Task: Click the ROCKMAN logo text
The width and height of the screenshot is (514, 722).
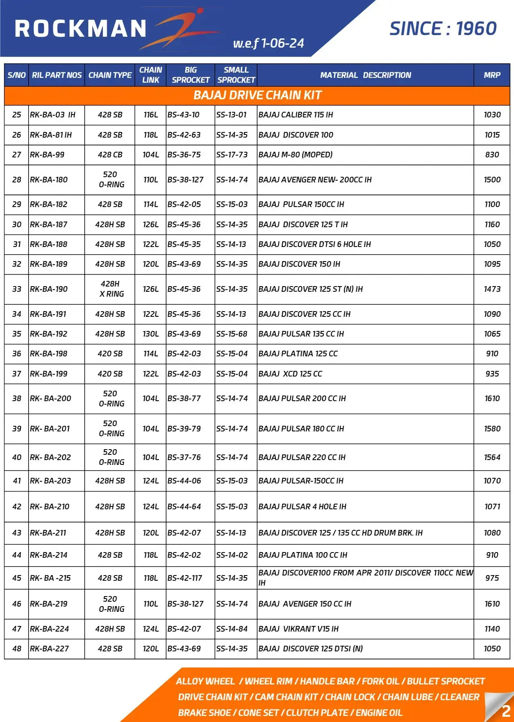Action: pos(81,29)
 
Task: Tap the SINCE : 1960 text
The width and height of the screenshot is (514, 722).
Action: pos(443,29)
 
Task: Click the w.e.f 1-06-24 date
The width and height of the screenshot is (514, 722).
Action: pos(268,43)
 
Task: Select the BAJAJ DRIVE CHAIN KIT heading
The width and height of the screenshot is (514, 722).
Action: pos(257,95)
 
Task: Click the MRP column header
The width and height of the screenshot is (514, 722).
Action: pos(492,75)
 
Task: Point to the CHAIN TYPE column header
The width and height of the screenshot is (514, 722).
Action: pos(110,75)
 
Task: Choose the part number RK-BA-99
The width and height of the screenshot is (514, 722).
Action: pos(47,155)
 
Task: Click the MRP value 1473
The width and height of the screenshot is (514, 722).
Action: pos(492,289)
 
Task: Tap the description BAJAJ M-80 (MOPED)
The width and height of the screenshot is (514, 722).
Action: pos(295,155)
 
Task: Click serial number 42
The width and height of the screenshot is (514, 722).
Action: pos(17,506)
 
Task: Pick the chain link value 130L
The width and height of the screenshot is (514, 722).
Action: pos(150,334)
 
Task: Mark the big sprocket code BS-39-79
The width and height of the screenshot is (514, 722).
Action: pos(184,429)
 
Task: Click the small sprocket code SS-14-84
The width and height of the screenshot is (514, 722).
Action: pos(232,629)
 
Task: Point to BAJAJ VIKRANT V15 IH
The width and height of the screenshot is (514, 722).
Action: pos(298,629)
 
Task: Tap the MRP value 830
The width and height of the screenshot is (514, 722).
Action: pos(492,155)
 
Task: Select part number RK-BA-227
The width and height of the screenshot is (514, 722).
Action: pos(49,649)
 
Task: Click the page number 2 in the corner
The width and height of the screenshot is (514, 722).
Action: pos(506,711)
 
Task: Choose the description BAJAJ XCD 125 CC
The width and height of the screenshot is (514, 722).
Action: pos(290,374)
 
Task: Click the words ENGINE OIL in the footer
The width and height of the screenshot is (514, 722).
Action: pos(379,713)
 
